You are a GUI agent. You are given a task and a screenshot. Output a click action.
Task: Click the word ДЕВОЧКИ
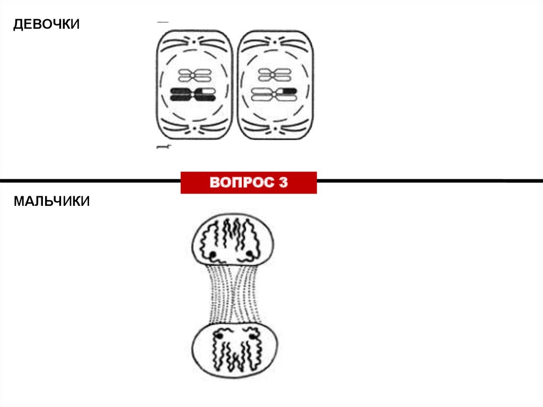[x=47, y=24]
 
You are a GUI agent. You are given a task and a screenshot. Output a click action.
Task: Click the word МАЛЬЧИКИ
[x=52, y=202]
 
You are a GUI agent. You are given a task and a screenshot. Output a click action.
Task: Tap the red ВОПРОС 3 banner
[x=249, y=183]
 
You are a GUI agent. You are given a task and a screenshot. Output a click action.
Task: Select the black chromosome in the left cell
[x=192, y=95]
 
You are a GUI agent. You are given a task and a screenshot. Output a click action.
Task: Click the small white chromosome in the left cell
[x=192, y=74]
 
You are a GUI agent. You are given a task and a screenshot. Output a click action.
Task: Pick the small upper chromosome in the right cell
[x=272, y=74]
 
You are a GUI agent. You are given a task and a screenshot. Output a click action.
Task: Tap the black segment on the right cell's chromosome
[x=288, y=91]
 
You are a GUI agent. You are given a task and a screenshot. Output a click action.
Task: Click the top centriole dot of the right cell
[x=275, y=41]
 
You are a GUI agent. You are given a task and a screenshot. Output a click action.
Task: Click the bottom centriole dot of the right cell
[x=275, y=128]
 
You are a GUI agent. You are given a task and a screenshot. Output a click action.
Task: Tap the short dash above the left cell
[x=163, y=22]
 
